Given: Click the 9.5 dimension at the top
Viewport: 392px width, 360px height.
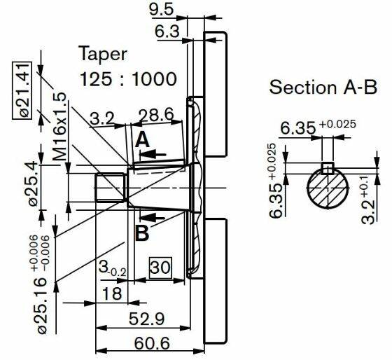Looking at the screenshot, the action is [161, 10].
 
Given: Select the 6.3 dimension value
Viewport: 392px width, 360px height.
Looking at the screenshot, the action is [167, 32].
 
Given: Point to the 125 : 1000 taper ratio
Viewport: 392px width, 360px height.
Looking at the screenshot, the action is [128, 79].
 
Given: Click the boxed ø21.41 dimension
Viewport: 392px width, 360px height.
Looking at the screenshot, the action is [22, 90].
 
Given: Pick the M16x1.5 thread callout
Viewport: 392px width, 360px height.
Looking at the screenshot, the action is [60, 126].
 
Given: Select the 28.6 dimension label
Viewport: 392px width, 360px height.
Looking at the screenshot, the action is [156, 115].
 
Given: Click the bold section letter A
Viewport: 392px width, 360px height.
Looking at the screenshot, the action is [142, 140].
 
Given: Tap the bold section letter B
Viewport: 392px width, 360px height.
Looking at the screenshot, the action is [142, 233].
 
